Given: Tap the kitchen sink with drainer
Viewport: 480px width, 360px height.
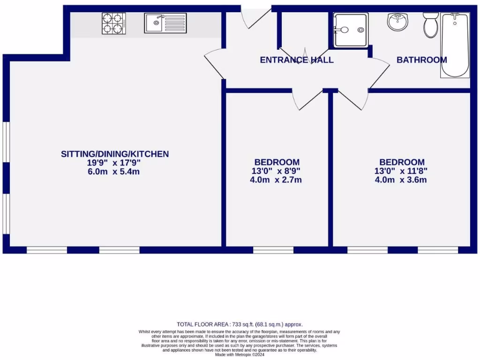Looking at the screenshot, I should tap(165, 23).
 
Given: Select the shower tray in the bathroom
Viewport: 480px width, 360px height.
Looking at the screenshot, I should tap(351, 30).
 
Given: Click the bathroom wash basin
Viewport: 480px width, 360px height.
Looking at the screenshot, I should tap(397, 21).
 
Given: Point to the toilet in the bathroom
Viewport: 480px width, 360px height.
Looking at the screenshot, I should tap(431, 24).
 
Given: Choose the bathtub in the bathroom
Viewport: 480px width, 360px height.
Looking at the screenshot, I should tap(454, 45).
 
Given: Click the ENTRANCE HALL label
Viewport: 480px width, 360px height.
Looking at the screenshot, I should tap(297, 60).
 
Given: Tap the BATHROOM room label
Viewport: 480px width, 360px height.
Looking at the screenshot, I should tap(421, 60).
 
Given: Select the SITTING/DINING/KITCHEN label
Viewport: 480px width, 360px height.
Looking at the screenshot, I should tap(115, 154).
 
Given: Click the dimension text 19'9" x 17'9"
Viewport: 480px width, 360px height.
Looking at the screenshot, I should tap(114, 163).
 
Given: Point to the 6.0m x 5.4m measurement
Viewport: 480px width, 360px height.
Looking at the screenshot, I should tap(114, 172).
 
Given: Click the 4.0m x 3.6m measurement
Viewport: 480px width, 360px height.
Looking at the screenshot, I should tap(401, 180).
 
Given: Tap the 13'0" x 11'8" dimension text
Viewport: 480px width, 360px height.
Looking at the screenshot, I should tap(401, 171).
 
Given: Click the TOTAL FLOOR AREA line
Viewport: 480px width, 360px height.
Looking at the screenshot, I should tap(240, 324).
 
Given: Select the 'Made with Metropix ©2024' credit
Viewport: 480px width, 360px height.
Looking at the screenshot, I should tap(240, 354).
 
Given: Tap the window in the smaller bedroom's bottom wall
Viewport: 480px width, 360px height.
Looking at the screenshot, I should tap(273, 250).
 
